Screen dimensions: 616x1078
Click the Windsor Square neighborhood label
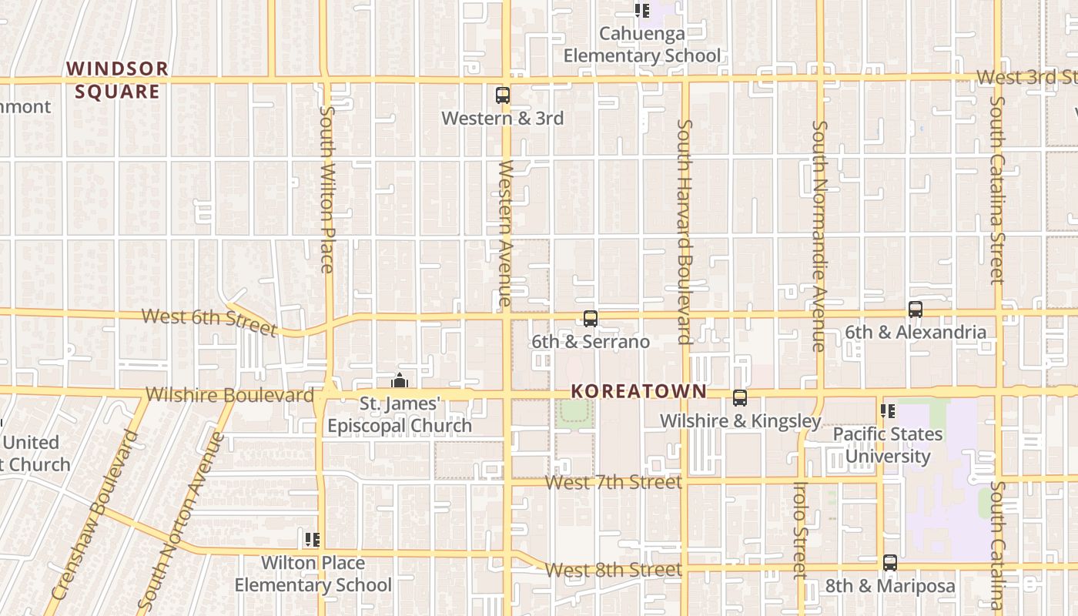click(117, 80)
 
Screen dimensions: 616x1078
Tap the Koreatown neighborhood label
click(638, 390)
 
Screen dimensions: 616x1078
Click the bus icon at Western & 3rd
click(503, 95)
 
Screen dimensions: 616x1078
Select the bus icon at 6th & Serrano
click(591, 318)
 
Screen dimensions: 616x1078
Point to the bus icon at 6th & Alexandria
click(916, 310)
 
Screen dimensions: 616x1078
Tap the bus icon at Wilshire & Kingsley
click(740, 398)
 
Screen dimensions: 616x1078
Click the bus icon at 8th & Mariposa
click(890, 563)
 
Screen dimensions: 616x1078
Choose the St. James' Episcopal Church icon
click(399, 380)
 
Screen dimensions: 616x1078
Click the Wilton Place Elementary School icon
click(312, 539)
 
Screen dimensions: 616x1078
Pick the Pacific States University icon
click(888, 411)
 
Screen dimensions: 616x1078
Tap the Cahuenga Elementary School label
click(642, 45)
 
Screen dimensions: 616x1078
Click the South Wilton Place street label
click(326, 189)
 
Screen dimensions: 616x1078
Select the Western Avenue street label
click(505, 233)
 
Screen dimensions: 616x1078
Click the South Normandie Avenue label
click(819, 235)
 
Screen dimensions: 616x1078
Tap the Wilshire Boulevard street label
click(229, 395)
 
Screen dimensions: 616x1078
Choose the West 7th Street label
click(614, 483)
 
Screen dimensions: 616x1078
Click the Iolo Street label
click(799, 530)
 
